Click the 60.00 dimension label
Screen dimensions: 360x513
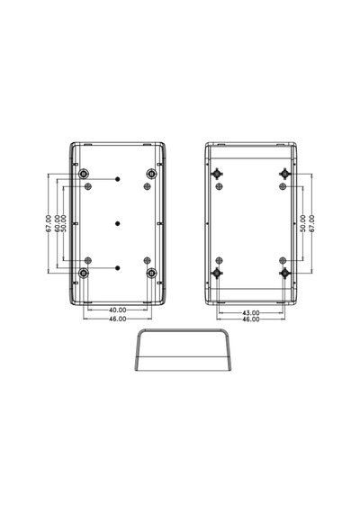pos(58,224)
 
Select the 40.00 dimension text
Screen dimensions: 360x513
pos(118,310)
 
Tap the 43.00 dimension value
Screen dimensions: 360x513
pos(251,313)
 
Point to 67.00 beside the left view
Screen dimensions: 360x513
pos(49,224)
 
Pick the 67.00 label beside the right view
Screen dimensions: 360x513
pos(311,224)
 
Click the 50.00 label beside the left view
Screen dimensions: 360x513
pos(64,224)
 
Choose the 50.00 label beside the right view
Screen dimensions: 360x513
pos(303,224)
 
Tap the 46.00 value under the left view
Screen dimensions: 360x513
pos(118,319)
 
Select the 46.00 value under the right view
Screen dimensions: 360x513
pos(251,319)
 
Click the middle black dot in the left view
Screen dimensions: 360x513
pos(118,223)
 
